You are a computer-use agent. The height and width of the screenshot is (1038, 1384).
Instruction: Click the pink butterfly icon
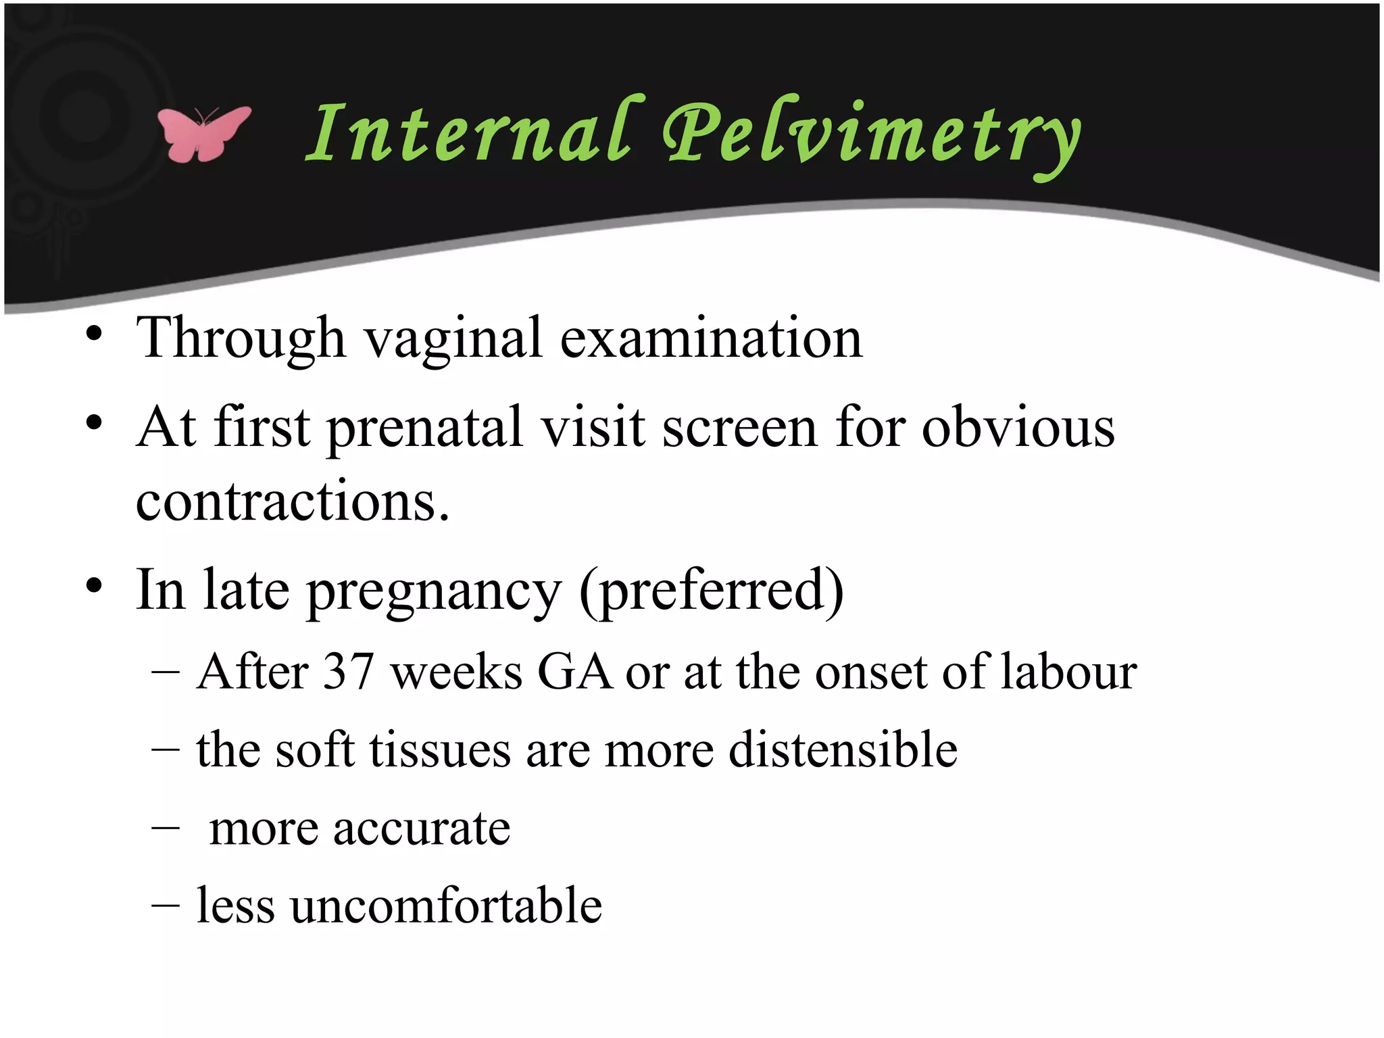pos(203,133)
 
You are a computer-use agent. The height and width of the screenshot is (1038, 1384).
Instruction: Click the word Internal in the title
pos(469,132)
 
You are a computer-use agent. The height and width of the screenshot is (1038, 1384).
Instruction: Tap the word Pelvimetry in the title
pos(872,135)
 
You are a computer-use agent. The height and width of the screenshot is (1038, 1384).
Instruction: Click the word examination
pos(711,338)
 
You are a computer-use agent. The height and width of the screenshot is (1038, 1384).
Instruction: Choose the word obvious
pos(1018,428)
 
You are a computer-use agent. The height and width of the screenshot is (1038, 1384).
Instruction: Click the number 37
pos(349,672)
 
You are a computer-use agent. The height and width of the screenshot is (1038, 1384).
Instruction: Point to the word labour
pos(1068,672)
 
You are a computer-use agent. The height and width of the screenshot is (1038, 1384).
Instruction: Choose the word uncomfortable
pos(447,906)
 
